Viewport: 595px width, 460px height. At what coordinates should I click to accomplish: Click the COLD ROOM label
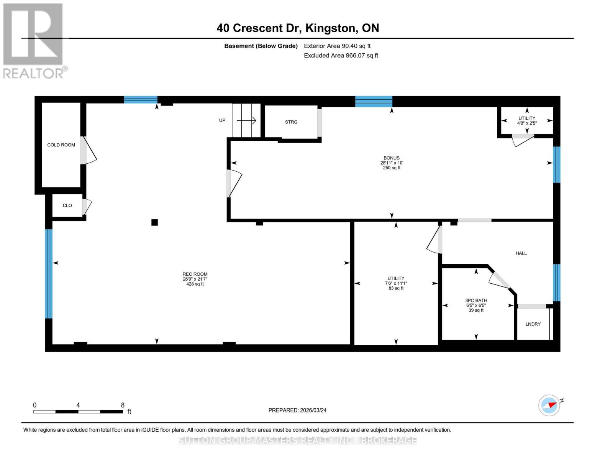(61, 145)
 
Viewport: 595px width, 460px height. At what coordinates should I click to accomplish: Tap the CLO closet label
(67, 205)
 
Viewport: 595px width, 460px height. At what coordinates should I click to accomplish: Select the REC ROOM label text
(195, 274)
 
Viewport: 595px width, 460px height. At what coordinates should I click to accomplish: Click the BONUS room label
(391, 158)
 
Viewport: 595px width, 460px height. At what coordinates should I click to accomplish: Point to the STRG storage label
(291, 122)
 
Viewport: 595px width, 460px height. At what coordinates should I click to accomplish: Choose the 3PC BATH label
(476, 301)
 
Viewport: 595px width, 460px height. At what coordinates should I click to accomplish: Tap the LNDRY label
(533, 324)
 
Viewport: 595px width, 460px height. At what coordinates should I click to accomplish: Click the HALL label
(521, 253)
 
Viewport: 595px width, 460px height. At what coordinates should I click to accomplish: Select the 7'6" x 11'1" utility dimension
(396, 283)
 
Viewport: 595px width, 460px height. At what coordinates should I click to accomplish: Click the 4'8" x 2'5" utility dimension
(527, 123)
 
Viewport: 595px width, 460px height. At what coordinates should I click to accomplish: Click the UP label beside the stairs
(222, 120)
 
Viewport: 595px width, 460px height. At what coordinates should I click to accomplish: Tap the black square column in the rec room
(154, 222)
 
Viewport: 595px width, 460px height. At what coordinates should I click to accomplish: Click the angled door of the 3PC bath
(499, 280)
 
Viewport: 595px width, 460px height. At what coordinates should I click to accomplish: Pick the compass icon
(549, 405)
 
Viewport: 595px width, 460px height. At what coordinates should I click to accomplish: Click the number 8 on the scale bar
(123, 405)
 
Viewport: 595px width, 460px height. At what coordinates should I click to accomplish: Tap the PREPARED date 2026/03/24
(297, 410)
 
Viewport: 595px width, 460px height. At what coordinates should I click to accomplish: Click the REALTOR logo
(34, 40)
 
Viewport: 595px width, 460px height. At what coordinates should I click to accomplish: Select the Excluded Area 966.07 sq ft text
(341, 56)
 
